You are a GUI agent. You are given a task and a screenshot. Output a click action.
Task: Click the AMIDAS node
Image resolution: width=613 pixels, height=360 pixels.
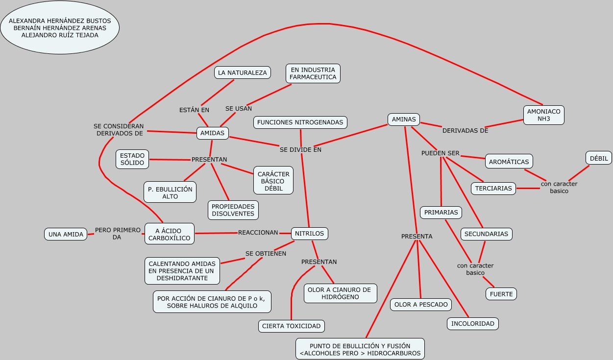click(212, 133)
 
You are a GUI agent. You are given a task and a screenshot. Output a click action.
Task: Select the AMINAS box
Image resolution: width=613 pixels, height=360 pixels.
click(404, 119)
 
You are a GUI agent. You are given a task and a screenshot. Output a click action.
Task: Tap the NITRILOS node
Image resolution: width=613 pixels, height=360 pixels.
click(310, 234)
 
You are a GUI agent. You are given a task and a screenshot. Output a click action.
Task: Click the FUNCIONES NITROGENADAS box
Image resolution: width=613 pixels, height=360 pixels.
click(300, 122)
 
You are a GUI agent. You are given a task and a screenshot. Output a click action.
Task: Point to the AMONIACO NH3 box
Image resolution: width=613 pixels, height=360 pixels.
click(543, 115)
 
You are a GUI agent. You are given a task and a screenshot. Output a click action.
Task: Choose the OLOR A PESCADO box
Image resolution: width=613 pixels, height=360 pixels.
click(421, 304)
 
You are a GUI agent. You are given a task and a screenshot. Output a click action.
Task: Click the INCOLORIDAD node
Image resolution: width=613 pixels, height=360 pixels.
click(473, 324)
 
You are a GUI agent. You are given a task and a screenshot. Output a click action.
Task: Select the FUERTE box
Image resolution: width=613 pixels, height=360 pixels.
click(501, 294)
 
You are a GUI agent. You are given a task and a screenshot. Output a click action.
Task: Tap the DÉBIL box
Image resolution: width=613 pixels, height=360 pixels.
click(599, 158)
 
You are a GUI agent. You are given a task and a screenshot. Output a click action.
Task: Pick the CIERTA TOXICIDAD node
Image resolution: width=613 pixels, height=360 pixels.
click(291, 326)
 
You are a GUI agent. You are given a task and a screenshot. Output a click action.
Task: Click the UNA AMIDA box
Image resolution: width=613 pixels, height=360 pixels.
click(66, 235)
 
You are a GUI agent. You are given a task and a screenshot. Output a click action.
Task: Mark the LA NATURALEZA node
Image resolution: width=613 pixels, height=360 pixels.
click(243, 72)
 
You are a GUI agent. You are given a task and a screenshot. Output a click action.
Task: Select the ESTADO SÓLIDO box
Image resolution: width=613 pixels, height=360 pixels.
click(132, 159)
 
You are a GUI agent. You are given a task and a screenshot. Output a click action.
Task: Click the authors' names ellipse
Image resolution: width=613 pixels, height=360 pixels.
click(60, 28)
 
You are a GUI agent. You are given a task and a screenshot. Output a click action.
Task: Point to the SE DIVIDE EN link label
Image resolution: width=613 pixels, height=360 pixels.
click(300, 149)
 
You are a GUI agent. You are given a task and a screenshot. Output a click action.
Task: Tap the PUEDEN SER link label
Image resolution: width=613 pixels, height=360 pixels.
click(440, 153)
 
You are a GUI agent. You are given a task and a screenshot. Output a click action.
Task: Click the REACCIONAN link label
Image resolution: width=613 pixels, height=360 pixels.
click(258, 233)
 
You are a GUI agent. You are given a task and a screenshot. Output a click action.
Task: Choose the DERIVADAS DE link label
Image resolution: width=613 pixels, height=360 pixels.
click(465, 130)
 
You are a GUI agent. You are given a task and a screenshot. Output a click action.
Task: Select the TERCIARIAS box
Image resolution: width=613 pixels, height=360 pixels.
click(493, 188)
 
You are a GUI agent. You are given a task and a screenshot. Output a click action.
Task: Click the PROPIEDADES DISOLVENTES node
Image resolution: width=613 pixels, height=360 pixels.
click(233, 210)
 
